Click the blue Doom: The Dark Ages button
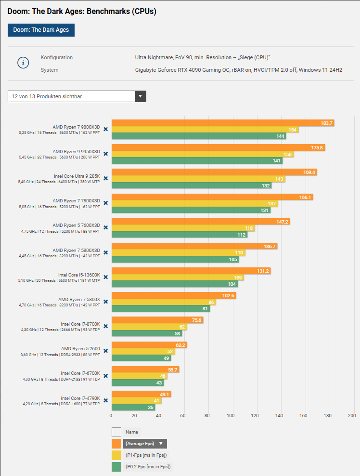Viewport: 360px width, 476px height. pos(41,30)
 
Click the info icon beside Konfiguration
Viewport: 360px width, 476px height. pos(24,63)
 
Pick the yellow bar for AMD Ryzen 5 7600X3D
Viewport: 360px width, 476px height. pos(183,228)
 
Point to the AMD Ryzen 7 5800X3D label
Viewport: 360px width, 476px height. pos(76,250)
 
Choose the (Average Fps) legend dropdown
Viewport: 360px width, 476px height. pos(145,444)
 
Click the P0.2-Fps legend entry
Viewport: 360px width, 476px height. pos(148,466)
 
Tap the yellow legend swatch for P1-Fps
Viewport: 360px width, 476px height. pos(116,455)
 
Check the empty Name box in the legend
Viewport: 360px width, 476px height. pos(116,432)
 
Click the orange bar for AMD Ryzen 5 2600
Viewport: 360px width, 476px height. pos(149,345)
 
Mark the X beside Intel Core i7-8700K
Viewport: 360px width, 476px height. pos(105,326)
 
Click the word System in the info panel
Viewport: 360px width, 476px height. pos(50,70)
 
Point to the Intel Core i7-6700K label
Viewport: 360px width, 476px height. pos(80,373)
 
